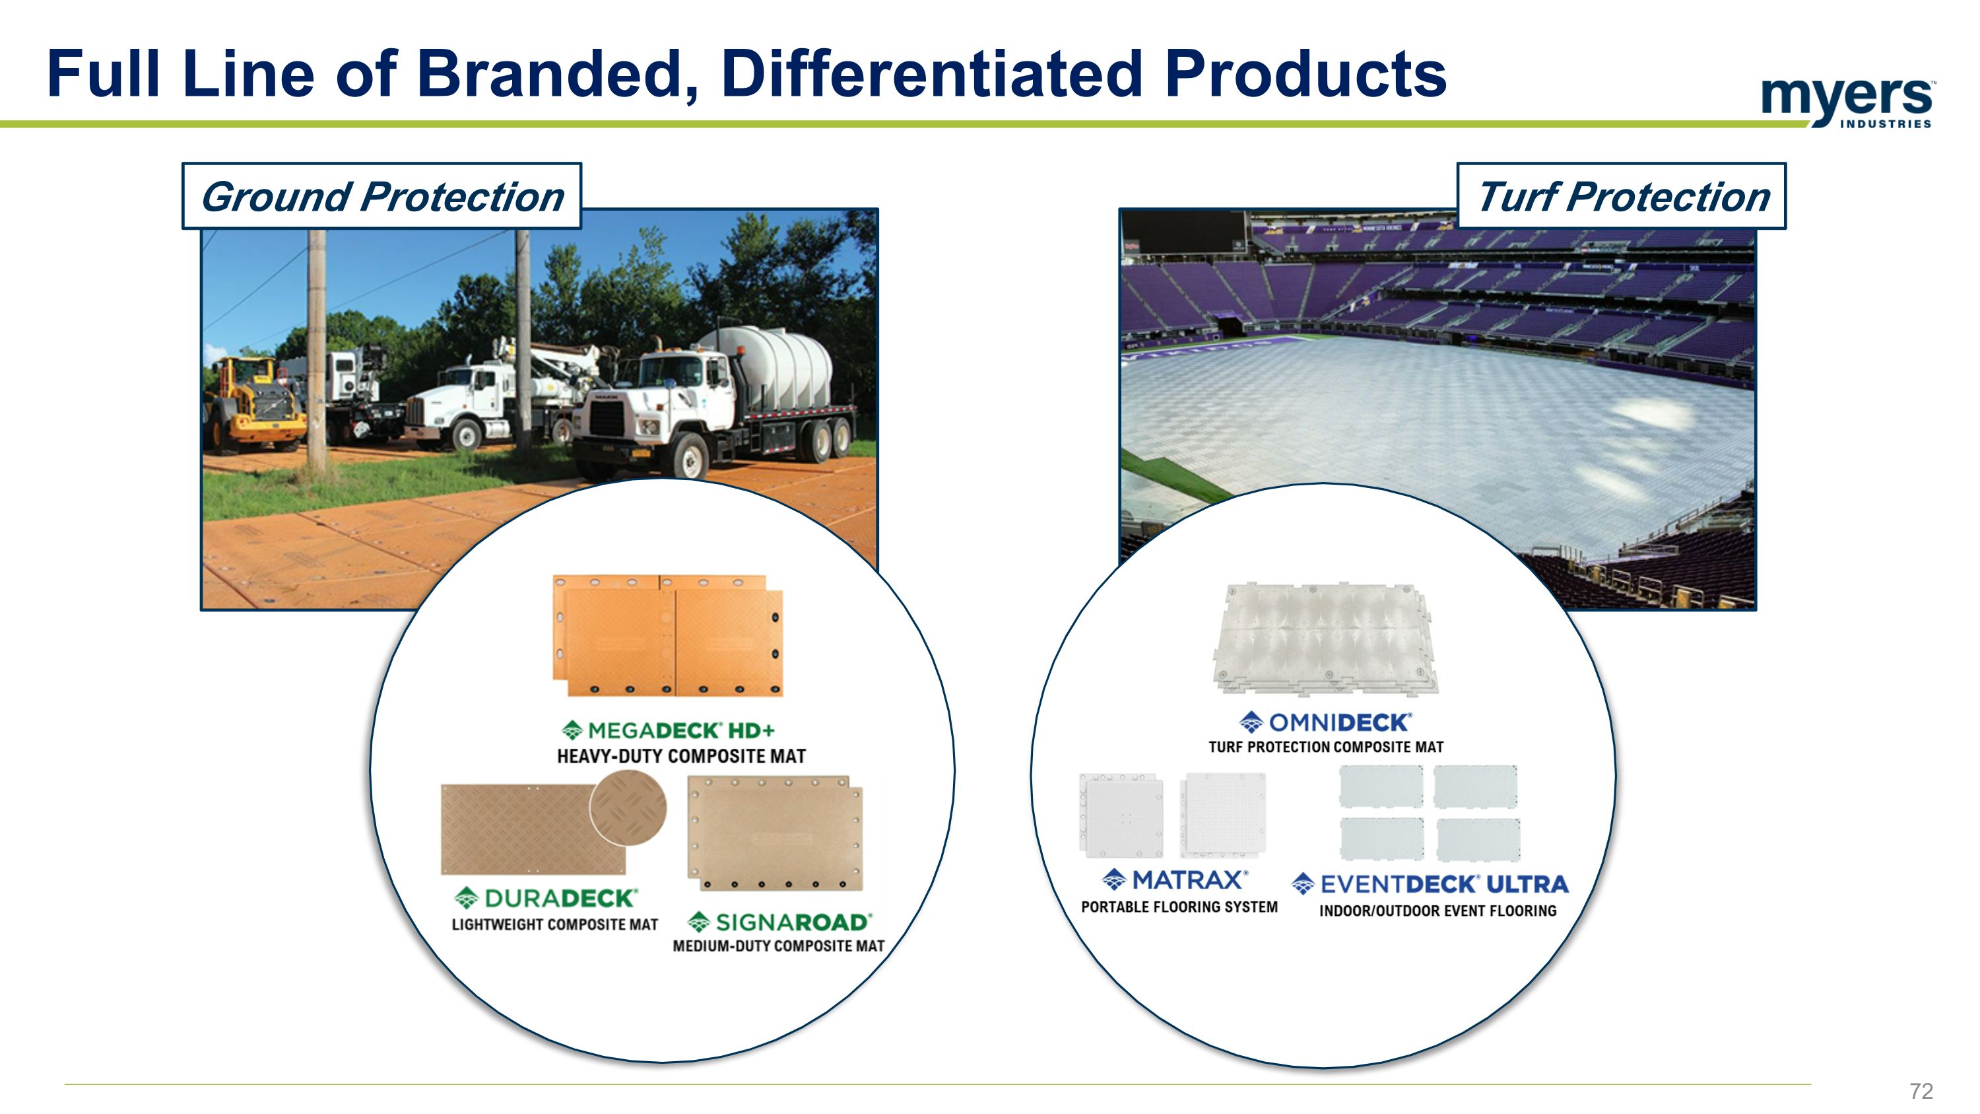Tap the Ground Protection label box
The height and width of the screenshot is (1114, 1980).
coord(382,196)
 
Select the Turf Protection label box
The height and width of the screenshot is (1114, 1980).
coord(1622,196)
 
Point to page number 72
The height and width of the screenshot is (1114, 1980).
coord(1920,1090)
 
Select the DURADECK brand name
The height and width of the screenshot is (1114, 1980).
coord(560,898)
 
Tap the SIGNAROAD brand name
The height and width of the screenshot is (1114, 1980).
coord(793,922)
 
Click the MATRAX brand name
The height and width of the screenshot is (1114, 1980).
coord(1187,880)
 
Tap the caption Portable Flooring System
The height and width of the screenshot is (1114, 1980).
coord(1179,907)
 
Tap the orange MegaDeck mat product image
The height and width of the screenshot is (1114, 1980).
coord(667,637)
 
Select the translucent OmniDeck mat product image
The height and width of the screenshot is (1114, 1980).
coord(1323,638)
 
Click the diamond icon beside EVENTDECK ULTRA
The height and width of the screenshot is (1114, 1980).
coord(1303,884)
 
